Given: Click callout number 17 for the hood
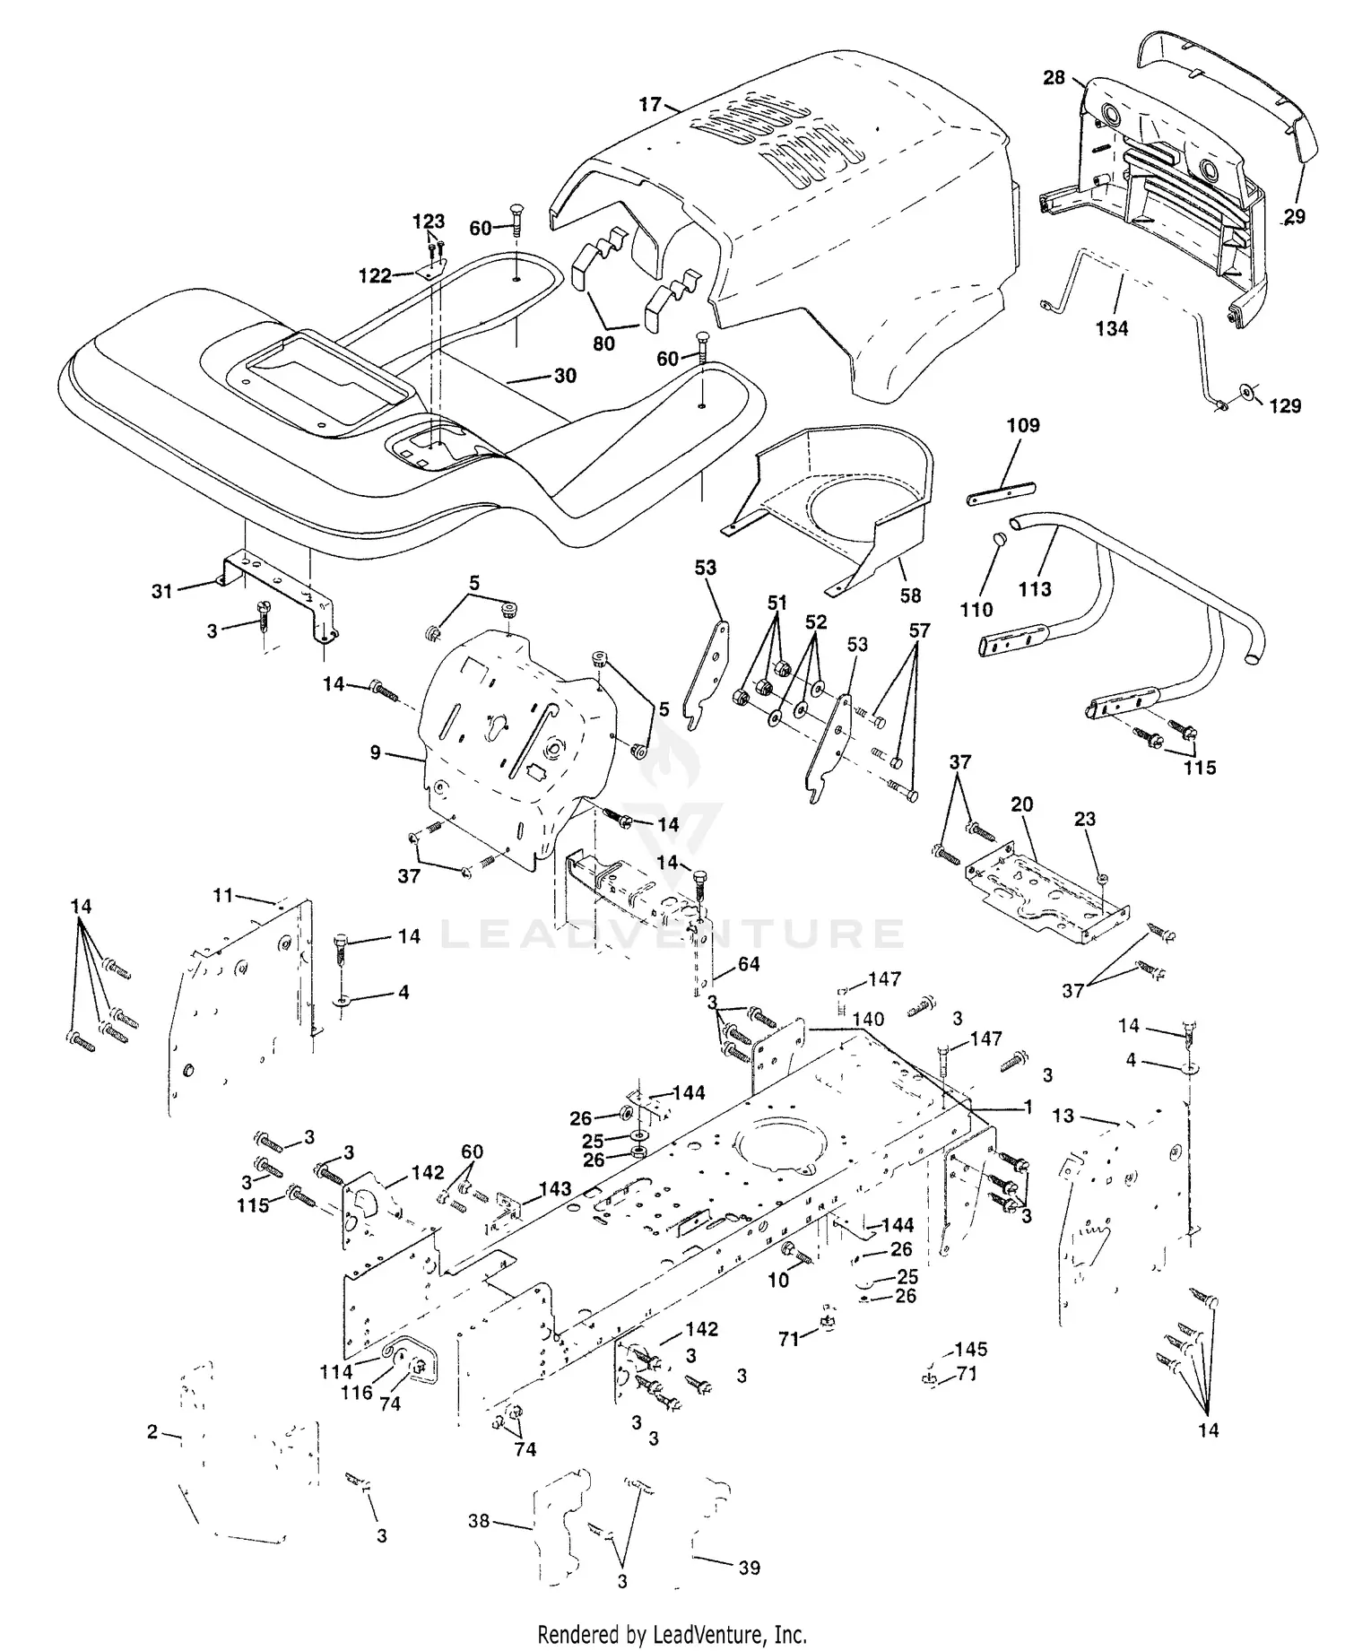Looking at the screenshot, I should [x=649, y=105].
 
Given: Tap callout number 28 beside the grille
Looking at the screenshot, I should [x=1054, y=78].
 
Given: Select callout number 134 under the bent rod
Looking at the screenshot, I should [x=1111, y=329].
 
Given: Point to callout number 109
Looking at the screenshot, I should [x=1023, y=425].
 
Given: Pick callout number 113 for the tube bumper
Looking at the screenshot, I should [x=1035, y=589].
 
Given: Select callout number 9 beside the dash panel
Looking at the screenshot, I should [x=376, y=753].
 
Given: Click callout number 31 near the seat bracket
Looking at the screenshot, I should [x=161, y=591].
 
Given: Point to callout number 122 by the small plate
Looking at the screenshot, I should [x=375, y=275].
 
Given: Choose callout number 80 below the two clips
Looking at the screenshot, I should [x=604, y=343].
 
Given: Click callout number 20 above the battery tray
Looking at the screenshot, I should [x=1022, y=804].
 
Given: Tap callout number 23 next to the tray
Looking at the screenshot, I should [x=1085, y=819].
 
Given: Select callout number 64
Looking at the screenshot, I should [x=749, y=964].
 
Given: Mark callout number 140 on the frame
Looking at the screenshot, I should [x=868, y=1019].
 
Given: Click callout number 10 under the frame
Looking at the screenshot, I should [x=777, y=1281].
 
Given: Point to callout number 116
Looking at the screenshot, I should [x=356, y=1393].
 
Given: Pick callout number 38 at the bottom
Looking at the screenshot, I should [x=480, y=1521].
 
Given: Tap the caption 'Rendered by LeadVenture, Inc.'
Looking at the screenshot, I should [x=672, y=1633].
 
